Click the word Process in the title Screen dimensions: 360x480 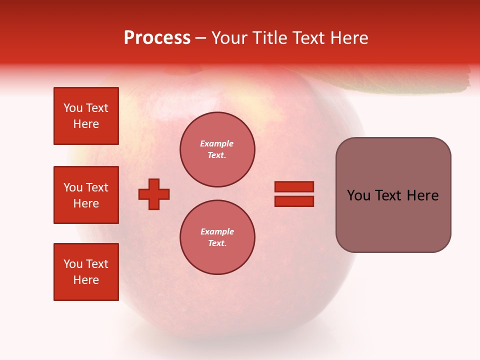(157, 38)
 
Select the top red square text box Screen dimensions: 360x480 (86, 116)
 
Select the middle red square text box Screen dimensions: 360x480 (86, 195)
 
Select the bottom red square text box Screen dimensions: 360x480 (86, 272)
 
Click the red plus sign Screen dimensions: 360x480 (154, 194)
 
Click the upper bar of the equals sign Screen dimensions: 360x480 (294, 186)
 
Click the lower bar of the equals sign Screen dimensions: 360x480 (294, 201)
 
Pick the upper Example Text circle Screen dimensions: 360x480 (217, 149)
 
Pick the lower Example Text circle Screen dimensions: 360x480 (217, 237)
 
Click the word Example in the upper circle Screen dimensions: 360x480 (217, 143)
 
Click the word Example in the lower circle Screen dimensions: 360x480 (217, 231)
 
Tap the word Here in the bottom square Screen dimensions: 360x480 (86, 280)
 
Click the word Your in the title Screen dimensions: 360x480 (230, 38)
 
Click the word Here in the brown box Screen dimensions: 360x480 (423, 195)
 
